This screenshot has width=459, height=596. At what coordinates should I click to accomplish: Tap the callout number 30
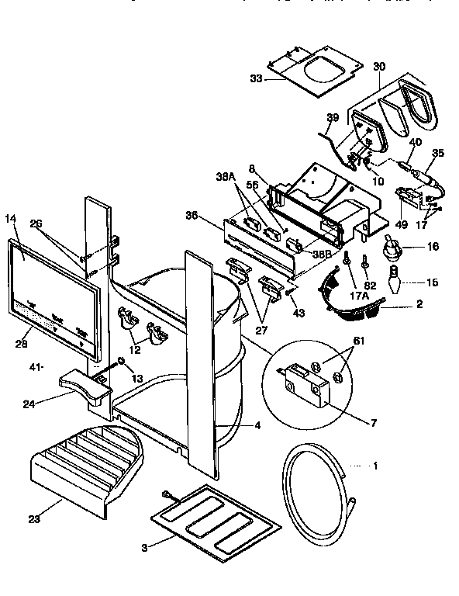(x=379, y=68)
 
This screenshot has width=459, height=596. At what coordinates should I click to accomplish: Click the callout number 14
(x=11, y=220)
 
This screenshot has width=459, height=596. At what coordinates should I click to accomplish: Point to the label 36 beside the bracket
(x=192, y=215)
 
